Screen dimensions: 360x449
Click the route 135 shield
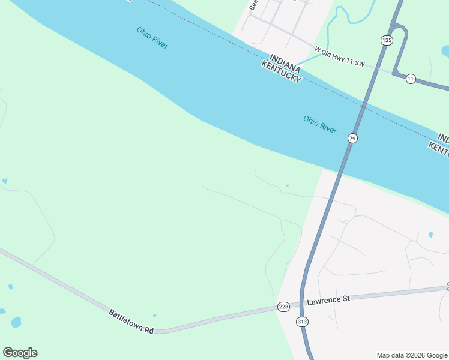point(386,40)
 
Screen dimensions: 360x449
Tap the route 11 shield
point(411,79)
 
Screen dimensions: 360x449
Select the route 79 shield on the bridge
point(352,139)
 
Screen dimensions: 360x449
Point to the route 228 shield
point(283,307)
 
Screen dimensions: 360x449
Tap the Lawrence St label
point(328,299)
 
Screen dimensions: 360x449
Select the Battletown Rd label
point(131,322)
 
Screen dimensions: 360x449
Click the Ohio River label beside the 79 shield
point(320,125)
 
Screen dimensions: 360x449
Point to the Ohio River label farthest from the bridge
point(152,37)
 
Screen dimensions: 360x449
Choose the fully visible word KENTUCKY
point(281,71)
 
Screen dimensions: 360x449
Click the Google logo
point(20,353)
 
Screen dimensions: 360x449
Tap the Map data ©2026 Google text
point(411,355)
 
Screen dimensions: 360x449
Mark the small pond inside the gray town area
point(430,235)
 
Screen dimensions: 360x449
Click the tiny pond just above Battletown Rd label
point(155,315)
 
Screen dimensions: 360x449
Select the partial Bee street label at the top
point(253,5)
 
